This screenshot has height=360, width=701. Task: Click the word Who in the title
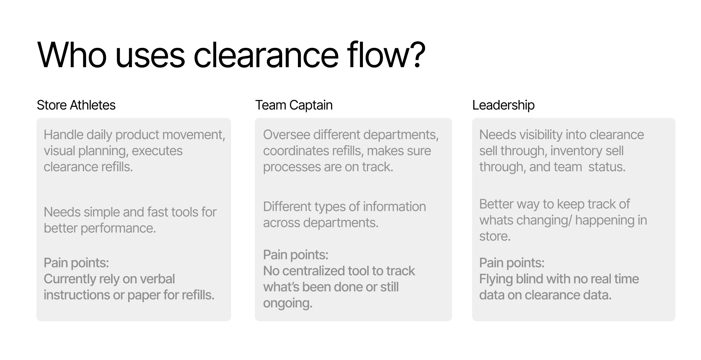tap(72, 55)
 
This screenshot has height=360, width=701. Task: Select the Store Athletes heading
tap(76, 105)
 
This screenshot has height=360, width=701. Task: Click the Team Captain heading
tap(294, 105)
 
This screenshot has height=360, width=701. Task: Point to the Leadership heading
tap(503, 105)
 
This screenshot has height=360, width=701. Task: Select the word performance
tap(118, 228)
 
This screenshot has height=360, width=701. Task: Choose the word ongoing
tap(287, 303)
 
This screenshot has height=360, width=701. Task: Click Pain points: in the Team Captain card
tap(295, 255)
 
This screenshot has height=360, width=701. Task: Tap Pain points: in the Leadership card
tap(512, 263)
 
